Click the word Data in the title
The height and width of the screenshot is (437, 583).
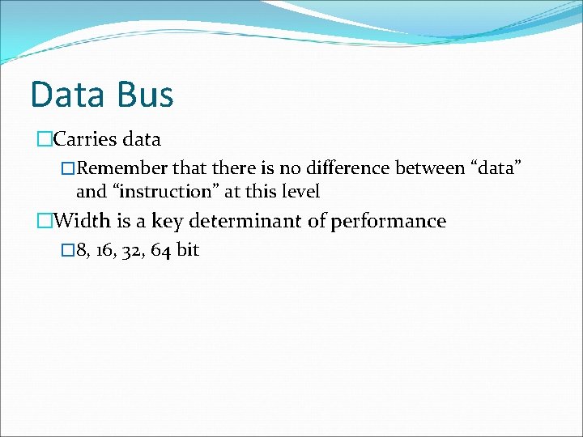pyautogui.click(x=66, y=94)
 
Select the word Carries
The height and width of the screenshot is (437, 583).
pyautogui.click(x=85, y=139)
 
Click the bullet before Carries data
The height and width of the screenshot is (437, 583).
pyautogui.click(x=44, y=139)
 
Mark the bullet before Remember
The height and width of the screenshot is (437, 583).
pyautogui.click(x=69, y=168)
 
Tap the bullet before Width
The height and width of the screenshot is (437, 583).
pyautogui.click(x=44, y=221)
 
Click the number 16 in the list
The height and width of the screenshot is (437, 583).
pyautogui.click(x=105, y=250)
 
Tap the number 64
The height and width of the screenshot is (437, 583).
pyautogui.click(x=160, y=250)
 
